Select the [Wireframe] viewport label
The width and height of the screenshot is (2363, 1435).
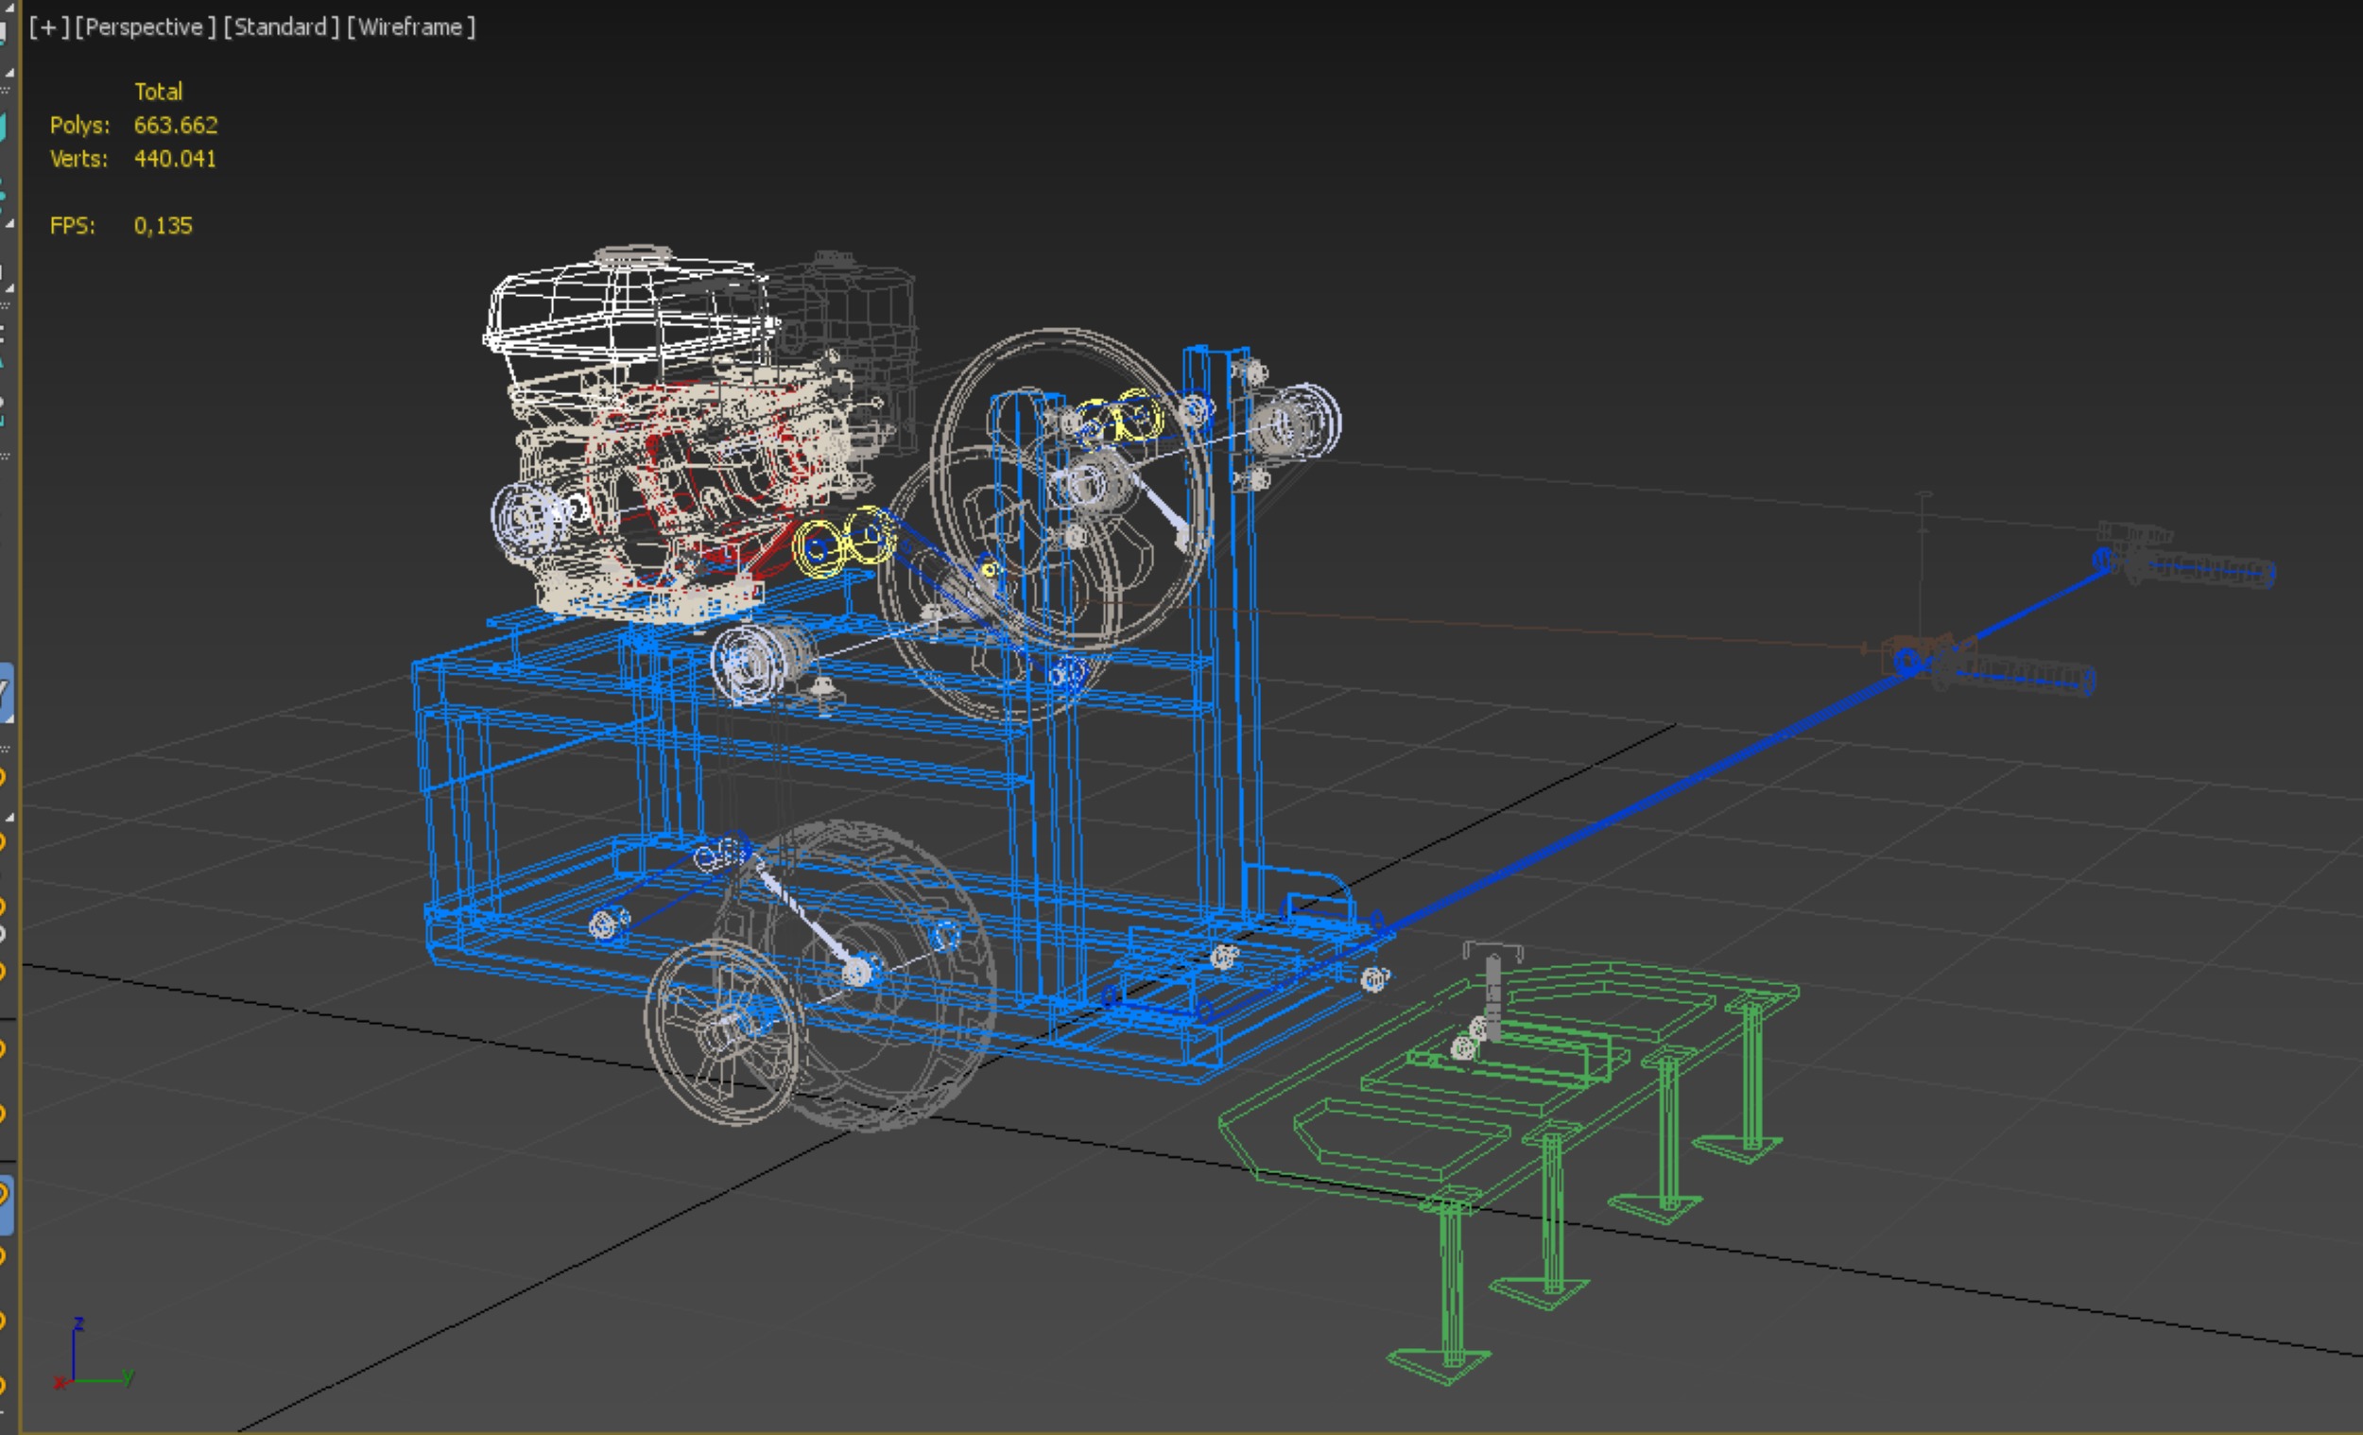click(x=410, y=26)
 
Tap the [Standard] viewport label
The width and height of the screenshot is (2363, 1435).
click(x=281, y=26)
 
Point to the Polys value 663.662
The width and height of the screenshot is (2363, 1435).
click(x=176, y=125)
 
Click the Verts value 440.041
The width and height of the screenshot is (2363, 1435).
click(x=175, y=158)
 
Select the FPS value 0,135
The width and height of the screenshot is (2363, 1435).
click(x=163, y=225)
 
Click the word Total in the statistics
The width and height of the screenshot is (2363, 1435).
click(x=158, y=91)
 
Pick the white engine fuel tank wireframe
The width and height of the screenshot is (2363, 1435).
click(x=623, y=303)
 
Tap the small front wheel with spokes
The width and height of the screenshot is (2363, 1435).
click(x=724, y=1031)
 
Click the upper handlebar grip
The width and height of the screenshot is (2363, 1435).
click(x=2196, y=566)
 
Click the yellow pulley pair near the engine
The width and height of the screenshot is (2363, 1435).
click(x=844, y=542)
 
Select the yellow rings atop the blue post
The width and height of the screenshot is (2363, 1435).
click(x=1122, y=418)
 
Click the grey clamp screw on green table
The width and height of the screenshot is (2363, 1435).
click(x=1492, y=988)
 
